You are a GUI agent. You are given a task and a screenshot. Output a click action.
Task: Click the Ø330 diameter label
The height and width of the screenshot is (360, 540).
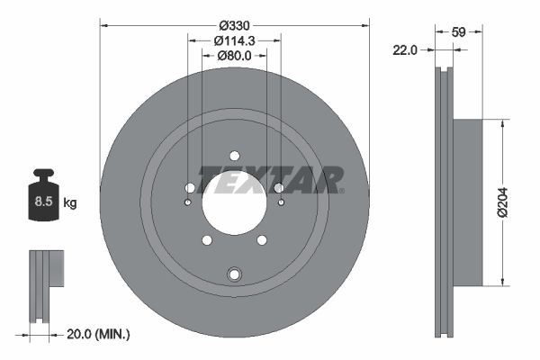click(234, 25)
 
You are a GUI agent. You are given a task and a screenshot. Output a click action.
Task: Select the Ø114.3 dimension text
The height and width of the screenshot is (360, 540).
click(234, 40)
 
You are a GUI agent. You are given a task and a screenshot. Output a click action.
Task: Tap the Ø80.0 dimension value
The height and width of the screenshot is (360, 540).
click(234, 56)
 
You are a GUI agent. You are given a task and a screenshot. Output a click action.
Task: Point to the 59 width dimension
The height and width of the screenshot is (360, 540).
click(458, 32)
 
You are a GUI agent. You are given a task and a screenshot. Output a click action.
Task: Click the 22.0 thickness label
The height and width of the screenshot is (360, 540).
click(405, 50)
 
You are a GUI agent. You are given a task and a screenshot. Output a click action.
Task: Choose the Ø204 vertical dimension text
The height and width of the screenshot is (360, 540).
click(502, 202)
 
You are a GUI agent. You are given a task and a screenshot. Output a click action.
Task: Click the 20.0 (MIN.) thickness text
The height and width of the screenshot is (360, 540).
click(98, 334)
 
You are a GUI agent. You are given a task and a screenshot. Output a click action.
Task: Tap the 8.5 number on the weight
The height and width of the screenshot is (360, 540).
click(43, 202)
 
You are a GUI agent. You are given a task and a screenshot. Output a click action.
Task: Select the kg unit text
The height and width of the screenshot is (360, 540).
click(70, 202)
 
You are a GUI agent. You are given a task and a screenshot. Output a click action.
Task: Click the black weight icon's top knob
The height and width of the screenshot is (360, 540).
click(43, 173)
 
